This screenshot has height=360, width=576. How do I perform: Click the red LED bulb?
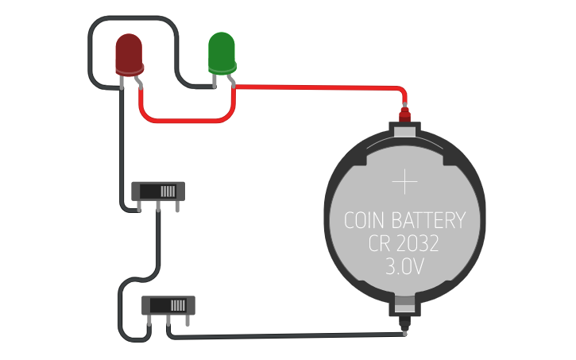click(x=129, y=52)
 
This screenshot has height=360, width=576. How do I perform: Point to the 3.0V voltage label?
click(x=404, y=267)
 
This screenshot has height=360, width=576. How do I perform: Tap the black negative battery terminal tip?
click(x=405, y=326)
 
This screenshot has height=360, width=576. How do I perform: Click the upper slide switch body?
click(x=157, y=191)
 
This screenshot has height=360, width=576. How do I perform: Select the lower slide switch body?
click(x=168, y=305)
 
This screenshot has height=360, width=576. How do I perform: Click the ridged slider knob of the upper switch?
click(x=167, y=191)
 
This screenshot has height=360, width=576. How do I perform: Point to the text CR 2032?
click(x=404, y=243)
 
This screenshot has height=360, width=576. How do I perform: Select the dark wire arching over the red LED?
click(x=131, y=19)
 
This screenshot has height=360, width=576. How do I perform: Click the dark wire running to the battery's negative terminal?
click(x=286, y=335)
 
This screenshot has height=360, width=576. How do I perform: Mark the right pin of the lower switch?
click(x=187, y=320)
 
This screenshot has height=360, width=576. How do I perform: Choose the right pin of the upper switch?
click(x=177, y=206)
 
